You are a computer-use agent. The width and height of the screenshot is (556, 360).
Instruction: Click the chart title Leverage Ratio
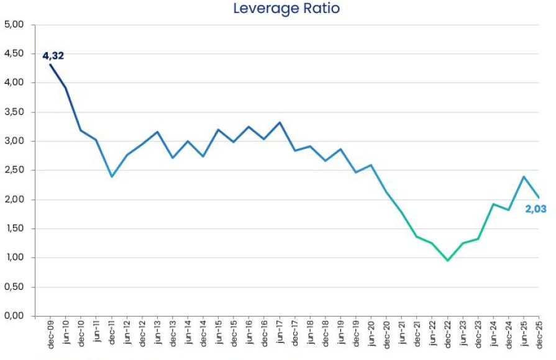[286, 8]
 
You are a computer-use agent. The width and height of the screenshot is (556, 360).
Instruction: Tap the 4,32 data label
[53, 56]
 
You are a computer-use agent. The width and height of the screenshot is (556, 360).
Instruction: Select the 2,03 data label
[535, 209]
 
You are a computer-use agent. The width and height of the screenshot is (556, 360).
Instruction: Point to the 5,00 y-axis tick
[14, 25]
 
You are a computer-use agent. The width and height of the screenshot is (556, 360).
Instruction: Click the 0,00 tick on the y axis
[14, 316]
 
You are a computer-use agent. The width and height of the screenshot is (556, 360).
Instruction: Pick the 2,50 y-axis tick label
[14, 170]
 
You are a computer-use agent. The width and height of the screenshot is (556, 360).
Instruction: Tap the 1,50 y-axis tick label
[14, 228]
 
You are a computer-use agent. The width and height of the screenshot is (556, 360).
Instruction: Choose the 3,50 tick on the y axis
[14, 112]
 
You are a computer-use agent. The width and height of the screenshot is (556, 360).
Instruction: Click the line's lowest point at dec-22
[447, 260]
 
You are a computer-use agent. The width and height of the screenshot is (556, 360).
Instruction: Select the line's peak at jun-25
[524, 176]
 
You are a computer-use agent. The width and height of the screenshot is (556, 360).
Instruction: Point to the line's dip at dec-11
[112, 176]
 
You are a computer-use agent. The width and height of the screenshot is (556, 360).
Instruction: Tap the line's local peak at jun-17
[280, 122]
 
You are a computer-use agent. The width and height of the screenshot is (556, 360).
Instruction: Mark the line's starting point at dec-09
[50, 65]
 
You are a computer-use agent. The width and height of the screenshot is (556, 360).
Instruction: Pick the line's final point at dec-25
[539, 197]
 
